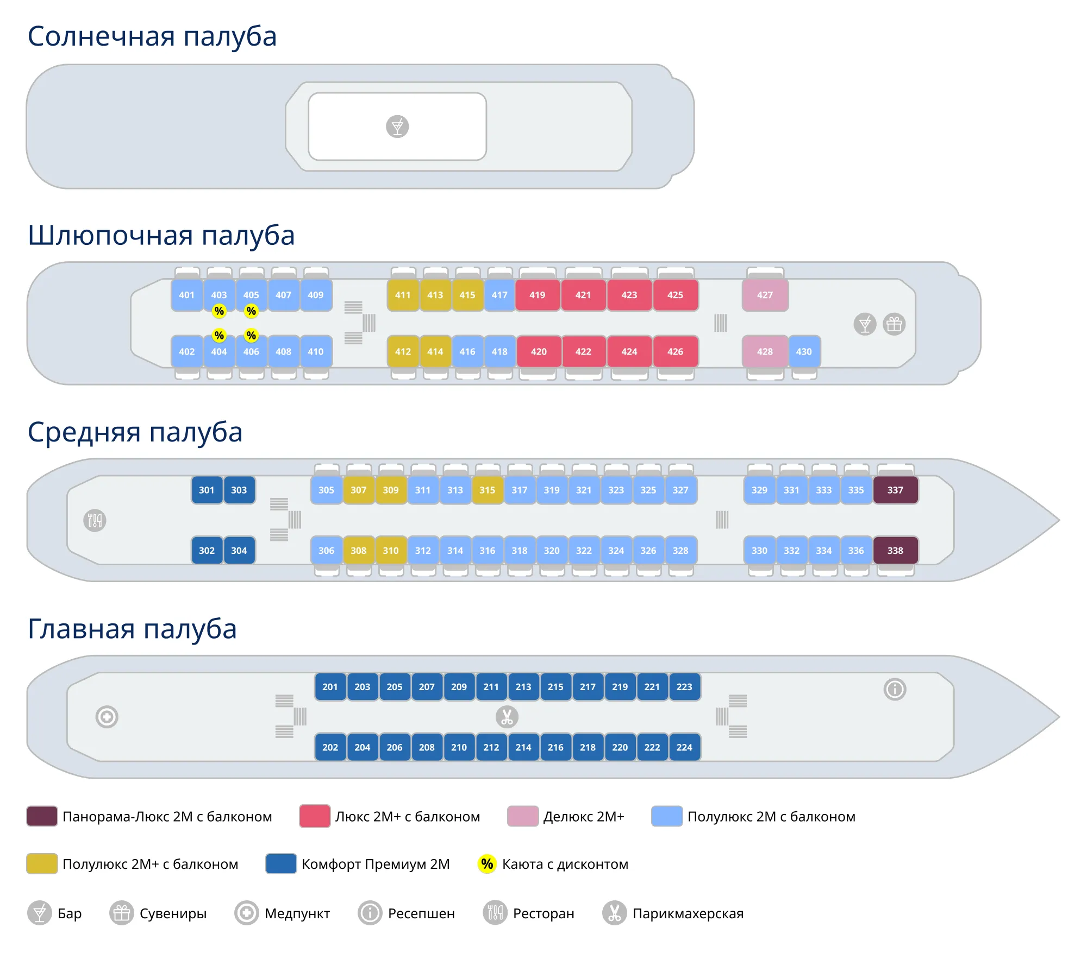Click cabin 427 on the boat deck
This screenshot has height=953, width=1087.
pyautogui.click(x=765, y=295)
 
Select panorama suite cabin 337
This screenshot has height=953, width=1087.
pyautogui.click(x=895, y=490)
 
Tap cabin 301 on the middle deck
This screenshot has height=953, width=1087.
pyautogui.click(x=207, y=490)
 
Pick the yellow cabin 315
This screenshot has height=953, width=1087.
pyautogui.click(x=487, y=490)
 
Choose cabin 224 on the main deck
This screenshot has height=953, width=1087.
pyautogui.click(x=684, y=747)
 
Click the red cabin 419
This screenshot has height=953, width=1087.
pyautogui.click(x=537, y=295)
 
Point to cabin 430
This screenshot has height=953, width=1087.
pyautogui.click(x=804, y=351)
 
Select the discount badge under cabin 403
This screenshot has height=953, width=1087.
pyautogui.click(x=219, y=311)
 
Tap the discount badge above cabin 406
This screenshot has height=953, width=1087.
pyautogui.click(x=251, y=335)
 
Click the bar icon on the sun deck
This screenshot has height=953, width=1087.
pyautogui.click(x=397, y=127)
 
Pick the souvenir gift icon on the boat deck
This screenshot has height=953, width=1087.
pyautogui.click(x=894, y=324)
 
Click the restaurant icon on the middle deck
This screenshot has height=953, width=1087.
pyautogui.click(x=95, y=520)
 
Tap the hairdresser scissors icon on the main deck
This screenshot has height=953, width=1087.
pyautogui.click(x=507, y=717)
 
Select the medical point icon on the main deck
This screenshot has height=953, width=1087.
pyautogui.click(x=107, y=717)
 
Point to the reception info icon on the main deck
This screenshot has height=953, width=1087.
pyautogui.click(x=895, y=689)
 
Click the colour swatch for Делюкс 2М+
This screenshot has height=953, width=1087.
pyautogui.click(x=522, y=816)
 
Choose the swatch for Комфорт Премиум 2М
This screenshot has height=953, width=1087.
pyautogui.click(x=280, y=863)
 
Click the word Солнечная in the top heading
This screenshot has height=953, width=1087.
pyautogui.click(x=101, y=36)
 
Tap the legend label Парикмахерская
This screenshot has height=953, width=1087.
pyautogui.click(x=688, y=913)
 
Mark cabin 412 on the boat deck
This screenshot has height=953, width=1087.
pyautogui.click(x=403, y=351)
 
